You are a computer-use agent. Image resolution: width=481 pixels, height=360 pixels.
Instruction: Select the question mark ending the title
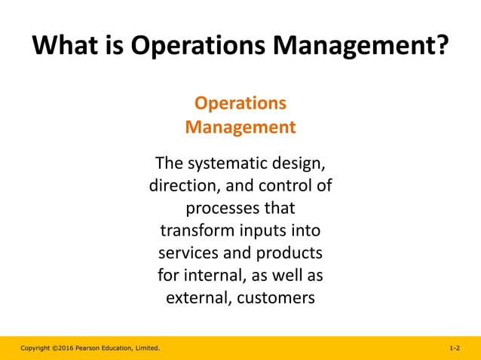coord(441,46)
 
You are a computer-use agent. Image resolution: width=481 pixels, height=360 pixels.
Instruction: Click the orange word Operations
coord(240,103)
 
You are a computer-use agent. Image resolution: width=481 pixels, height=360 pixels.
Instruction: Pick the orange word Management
coord(240,127)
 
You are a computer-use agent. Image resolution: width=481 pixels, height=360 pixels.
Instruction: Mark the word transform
coord(197,230)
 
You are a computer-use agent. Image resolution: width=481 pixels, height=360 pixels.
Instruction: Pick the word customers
coord(275,297)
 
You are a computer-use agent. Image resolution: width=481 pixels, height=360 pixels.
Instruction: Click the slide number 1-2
coord(455,348)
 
